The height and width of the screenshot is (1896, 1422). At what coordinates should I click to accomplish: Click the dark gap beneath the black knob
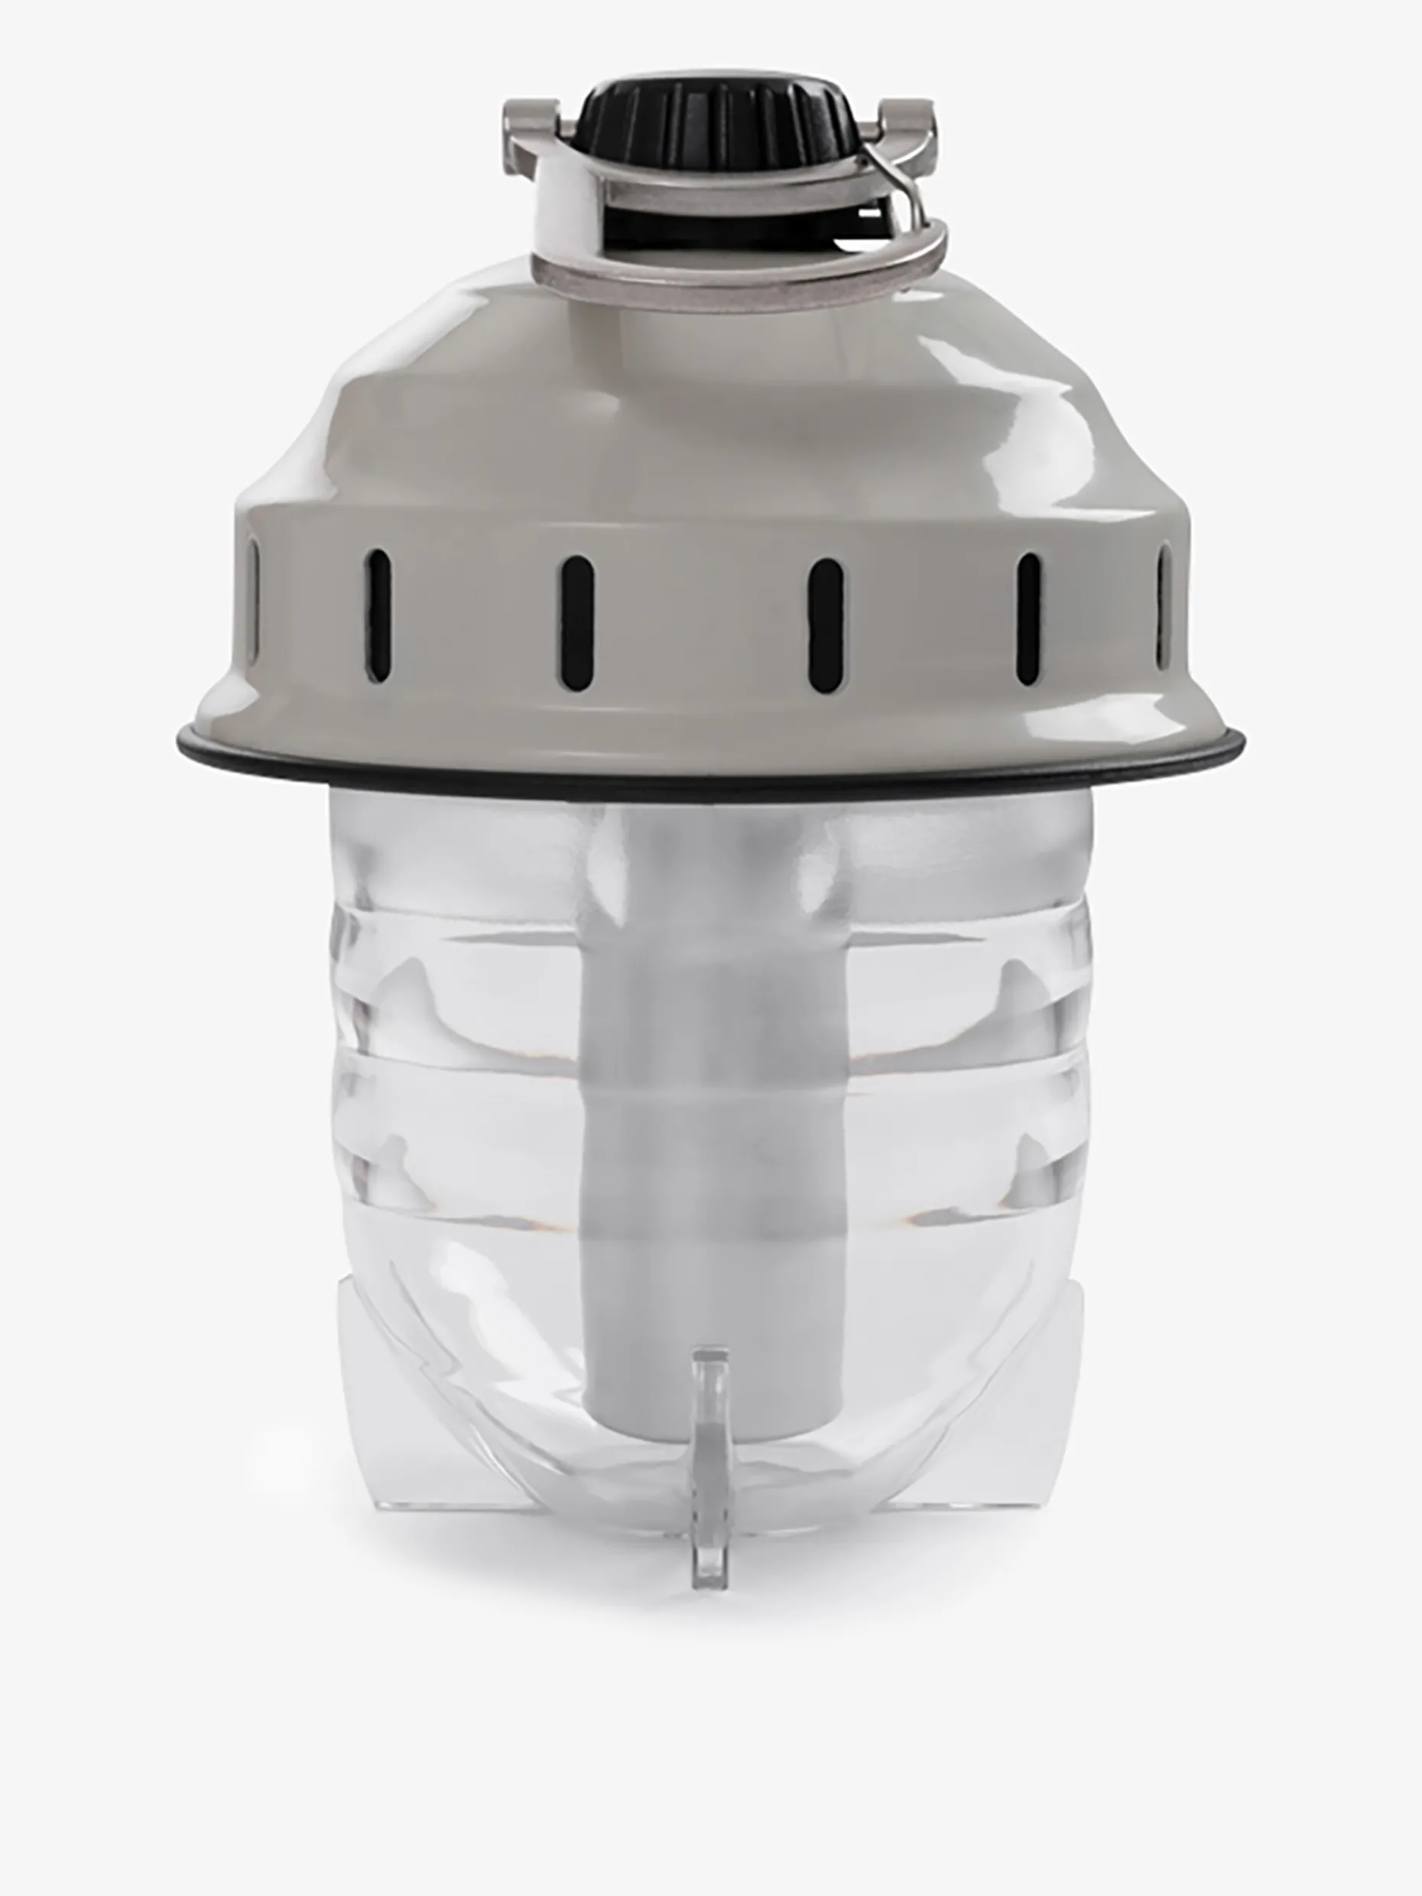pos(737,225)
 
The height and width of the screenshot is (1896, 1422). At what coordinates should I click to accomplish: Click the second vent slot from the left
pos(378,616)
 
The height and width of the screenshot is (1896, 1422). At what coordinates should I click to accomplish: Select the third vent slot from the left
pos(577,622)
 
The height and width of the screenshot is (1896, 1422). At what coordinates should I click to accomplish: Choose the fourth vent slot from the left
pos(825,624)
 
